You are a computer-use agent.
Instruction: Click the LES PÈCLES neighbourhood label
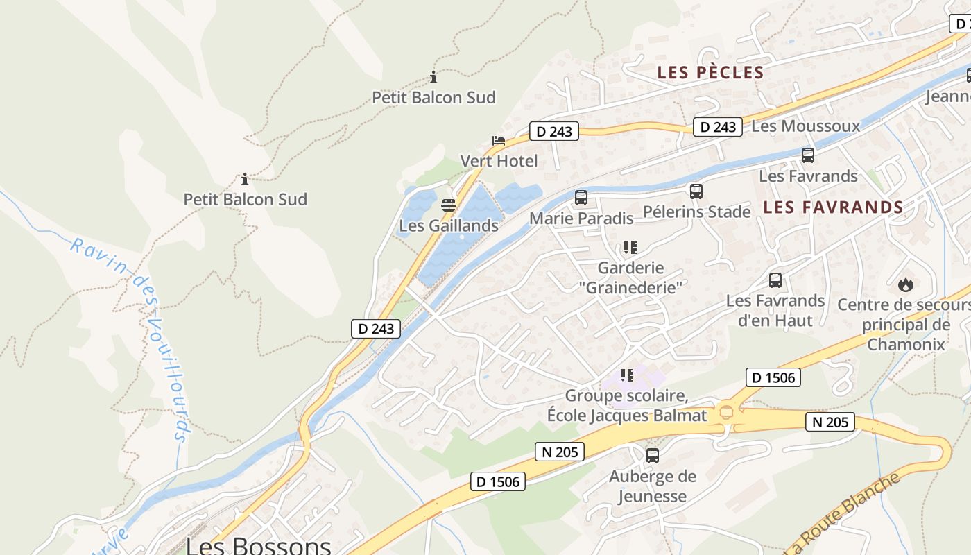coord(710,72)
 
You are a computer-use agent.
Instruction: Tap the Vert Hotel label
coord(499,161)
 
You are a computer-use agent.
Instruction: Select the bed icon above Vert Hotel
coord(499,141)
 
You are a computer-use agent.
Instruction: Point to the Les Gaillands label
coord(448,225)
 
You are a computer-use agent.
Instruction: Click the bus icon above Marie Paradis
coord(581,198)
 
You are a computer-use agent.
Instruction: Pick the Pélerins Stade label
coord(696,212)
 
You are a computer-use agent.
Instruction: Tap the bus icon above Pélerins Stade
coord(696,191)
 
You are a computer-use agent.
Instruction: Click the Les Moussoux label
coord(805,126)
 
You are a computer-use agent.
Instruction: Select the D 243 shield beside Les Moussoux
coord(717,127)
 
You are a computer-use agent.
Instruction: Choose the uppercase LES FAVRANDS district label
coord(833,207)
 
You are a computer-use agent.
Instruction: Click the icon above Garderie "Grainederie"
coord(630,247)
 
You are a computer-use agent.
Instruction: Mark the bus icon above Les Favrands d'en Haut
coord(775,280)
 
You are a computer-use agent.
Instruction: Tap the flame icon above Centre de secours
coord(905,284)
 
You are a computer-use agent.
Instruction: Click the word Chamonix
coord(906,344)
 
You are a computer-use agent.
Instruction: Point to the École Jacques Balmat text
coord(627,416)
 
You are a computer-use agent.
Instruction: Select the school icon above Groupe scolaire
coord(627,375)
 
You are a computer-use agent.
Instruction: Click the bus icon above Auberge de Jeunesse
coord(652,456)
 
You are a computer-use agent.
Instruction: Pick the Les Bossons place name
coord(258,545)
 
